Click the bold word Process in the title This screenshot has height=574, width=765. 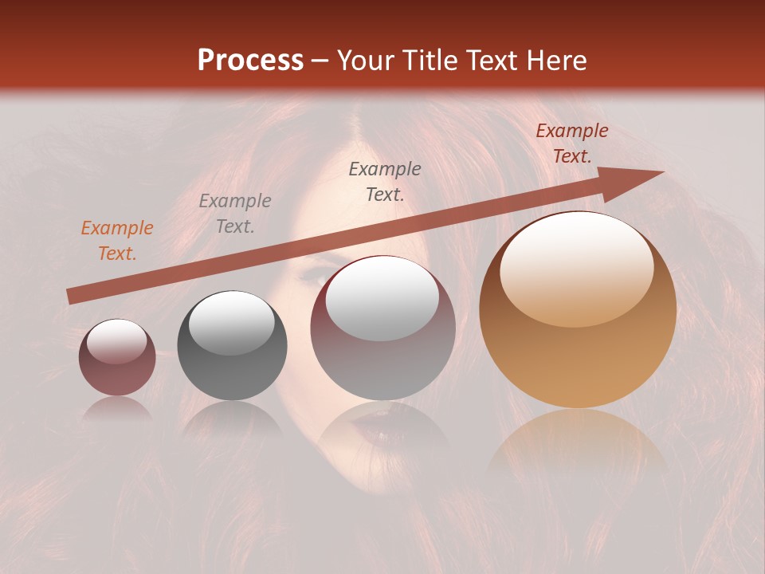point(250,60)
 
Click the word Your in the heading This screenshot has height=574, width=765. point(367,60)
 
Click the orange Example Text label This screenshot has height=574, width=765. point(116,241)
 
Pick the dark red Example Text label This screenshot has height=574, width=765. point(571,143)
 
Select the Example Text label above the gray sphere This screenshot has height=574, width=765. point(234,214)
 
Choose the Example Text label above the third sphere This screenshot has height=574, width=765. point(385,182)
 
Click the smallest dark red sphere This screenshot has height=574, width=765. point(117,357)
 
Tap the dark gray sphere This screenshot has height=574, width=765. point(232,346)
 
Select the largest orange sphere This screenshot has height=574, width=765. point(578,311)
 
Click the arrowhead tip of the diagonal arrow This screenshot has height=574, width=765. point(661,172)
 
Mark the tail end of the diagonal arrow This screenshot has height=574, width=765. point(70,297)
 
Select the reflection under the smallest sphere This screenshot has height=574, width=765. point(117,408)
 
